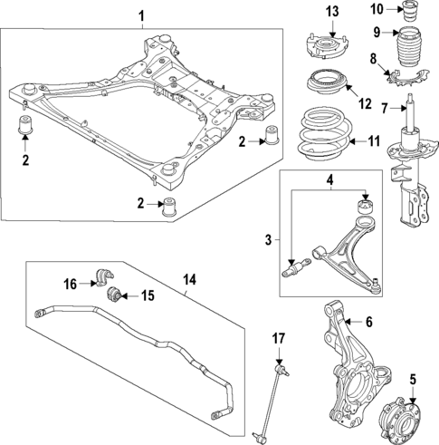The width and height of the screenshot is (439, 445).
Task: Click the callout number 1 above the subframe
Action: tap(140, 15)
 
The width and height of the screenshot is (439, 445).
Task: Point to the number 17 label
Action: tap(279, 338)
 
